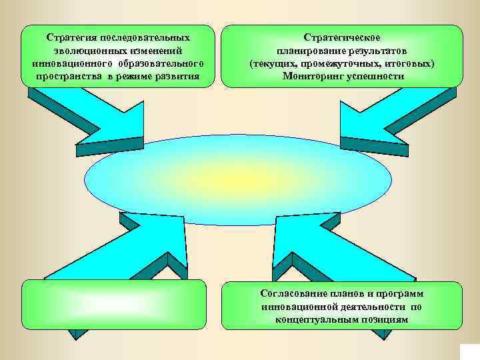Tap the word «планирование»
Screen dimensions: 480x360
[306, 51]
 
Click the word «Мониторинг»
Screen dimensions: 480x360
[313, 76]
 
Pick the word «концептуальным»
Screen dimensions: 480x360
[313, 319]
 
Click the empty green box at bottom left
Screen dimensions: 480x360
[114, 305]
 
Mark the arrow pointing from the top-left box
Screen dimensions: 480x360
[100, 123]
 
